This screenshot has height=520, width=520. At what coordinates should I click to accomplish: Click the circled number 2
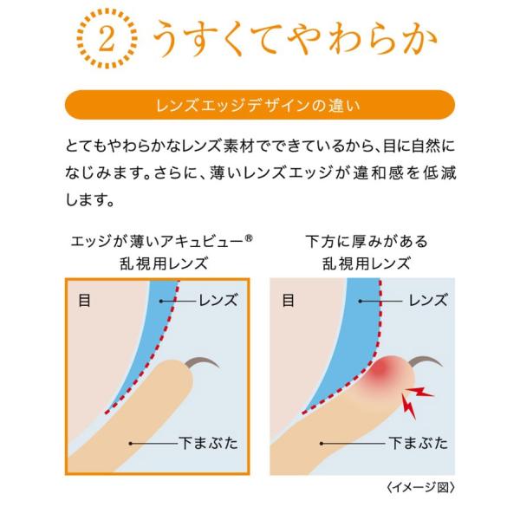coord(107,39)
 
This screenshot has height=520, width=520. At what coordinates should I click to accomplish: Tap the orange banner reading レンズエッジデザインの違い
coord(260,105)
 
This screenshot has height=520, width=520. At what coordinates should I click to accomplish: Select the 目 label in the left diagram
coord(84,301)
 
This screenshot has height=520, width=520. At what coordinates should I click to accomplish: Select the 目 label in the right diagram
coord(289,301)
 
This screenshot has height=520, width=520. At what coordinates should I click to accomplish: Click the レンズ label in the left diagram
coord(218,301)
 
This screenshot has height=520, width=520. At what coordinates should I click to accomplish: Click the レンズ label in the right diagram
coord(428,301)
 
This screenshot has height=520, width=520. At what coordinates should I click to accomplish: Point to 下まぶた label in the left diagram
coord(208,443)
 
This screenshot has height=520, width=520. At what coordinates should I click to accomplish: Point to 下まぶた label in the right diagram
coord(419,443)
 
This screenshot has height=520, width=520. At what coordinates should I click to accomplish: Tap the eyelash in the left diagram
coord(201,361)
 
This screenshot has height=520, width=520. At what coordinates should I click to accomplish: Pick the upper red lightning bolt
coord(419,392)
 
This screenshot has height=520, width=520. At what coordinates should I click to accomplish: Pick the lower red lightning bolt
coord(408,406)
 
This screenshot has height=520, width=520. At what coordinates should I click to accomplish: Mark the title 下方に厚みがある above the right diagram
coord(367,242)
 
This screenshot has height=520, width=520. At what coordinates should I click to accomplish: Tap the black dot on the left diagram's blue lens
coord(161,301)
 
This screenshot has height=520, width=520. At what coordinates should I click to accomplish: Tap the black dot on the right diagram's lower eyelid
coord(322,444)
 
